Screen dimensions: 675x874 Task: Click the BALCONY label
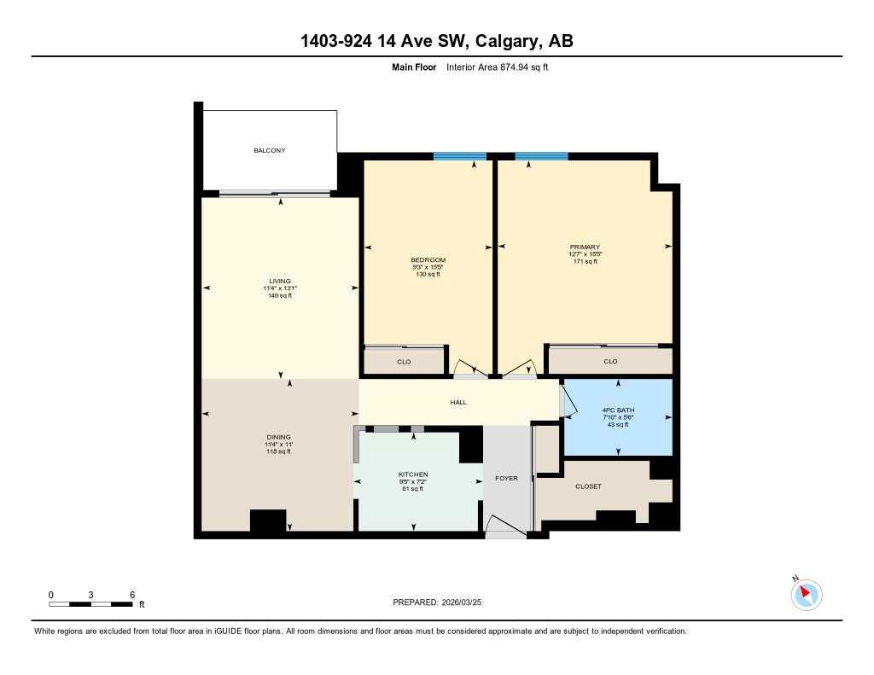click(269, 150)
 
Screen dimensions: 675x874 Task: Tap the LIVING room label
click(280, 281)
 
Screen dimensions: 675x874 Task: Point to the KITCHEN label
click(413, 474)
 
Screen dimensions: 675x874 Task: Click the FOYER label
click(506, 478)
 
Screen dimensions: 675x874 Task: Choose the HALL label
click(458, 402)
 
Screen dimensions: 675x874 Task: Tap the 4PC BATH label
click(618, 410)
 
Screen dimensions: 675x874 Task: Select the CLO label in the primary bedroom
click(610, 361)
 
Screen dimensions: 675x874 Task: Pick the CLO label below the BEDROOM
click(404, 361)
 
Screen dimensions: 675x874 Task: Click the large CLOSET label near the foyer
click(588, 486)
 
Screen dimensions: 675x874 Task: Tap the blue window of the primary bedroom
click(541, 156)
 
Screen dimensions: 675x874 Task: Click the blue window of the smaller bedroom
click(459, 156)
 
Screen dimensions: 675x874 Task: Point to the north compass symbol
click(806, 594)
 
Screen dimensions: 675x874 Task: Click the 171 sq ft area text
click(585, 261)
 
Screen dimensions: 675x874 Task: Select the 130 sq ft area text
click(428, 274)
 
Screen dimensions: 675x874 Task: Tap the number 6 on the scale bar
click(131, 594)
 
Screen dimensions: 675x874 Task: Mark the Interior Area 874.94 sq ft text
click(497, 67)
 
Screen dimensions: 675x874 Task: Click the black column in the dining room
click(267, 521)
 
